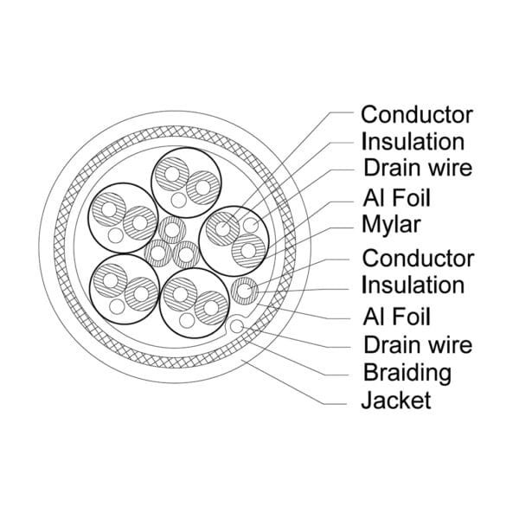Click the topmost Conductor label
[416, 113]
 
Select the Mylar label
[390, 226]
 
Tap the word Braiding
[407, 373]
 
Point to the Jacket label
[396, 400]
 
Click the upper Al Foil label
[397, 197]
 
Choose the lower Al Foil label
[397, 316]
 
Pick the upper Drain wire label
[417, 168]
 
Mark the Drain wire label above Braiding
[417, 344]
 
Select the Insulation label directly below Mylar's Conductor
[413, 285]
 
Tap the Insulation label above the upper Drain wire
[413, 140]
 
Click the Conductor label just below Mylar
[417, 257]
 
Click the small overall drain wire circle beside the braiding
[235, 327]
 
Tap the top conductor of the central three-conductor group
[171, 230]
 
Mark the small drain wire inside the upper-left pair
[115, 234]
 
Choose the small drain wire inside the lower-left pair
[114, 304]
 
